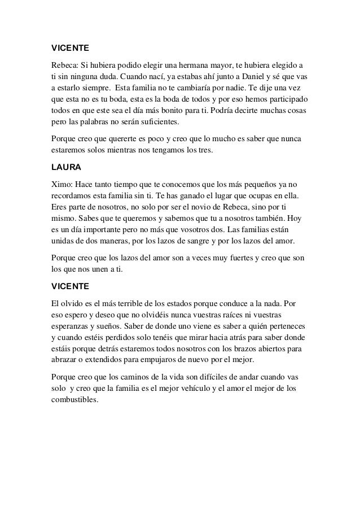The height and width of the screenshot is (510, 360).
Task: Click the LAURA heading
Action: coord(64,167)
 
